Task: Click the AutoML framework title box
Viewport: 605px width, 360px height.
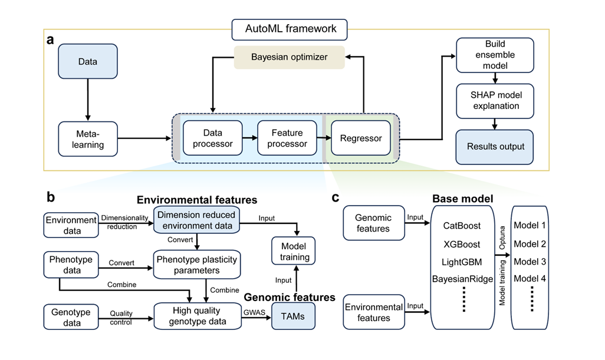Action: [289, 28]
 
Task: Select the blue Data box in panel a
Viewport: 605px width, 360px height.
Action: [87, 61]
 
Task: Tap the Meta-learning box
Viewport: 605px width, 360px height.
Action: [87, 139]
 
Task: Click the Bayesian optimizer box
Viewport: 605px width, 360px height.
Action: [289, 57]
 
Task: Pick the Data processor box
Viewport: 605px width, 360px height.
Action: [212, 138]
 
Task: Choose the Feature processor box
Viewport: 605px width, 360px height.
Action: [287, 138]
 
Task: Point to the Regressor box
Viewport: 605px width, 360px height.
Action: [361, 138]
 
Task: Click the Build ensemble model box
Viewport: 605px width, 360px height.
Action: [495, 55]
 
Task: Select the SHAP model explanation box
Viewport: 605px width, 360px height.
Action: [495, 100]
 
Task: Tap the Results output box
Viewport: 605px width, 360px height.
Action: [495, 147]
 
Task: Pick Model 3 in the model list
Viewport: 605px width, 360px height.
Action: [530, 261]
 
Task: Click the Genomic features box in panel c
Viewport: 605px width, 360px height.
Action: [373, 223]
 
